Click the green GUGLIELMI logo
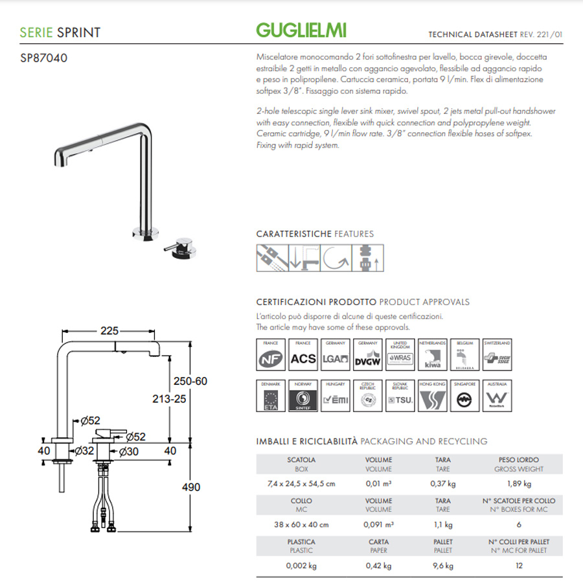pos(301,30)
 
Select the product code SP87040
pos(44,58)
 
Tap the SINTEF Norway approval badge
pos(304,396)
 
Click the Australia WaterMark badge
pos(497,396)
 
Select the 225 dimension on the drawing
pos(109,330)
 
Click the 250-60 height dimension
pos(191,381)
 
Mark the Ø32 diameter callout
pos(85,450)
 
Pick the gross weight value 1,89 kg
pos(518,483)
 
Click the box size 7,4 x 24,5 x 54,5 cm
pos(301,483)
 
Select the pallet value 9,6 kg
pos(443,566)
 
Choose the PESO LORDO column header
pos(518,459)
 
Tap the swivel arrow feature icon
pos(336,257)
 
